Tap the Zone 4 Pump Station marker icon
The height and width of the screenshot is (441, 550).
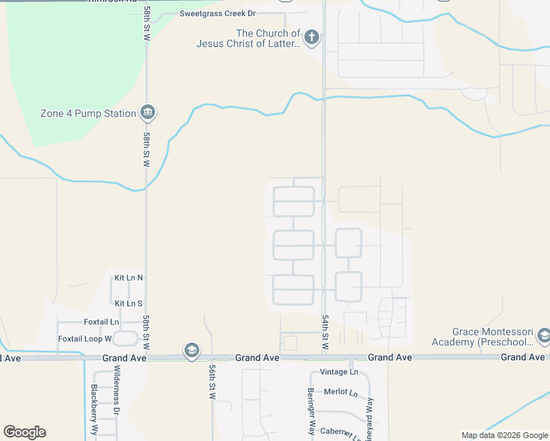point(147,112)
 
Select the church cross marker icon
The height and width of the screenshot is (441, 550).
point(312,37)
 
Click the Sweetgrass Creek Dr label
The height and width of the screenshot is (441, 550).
point(217,14)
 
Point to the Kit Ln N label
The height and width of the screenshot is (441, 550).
point(129,278)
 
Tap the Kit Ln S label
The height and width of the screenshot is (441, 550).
point(129,303)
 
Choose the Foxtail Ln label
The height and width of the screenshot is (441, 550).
point(101,322)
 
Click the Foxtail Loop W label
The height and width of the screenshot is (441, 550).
point(85,339)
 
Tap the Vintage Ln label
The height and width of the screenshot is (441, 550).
point(338,373)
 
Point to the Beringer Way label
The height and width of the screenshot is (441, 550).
point(311,412)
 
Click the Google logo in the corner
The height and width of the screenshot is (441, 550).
point(24,432)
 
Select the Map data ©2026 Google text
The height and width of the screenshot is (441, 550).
point(504,435)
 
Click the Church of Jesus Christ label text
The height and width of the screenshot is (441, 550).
point(248,38)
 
